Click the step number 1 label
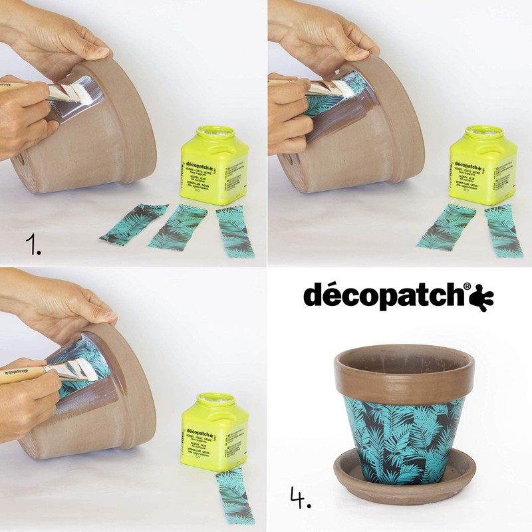point(33,245)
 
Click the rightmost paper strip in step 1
point(234,230)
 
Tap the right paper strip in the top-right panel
point(503,230)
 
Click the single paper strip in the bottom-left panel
point(234,495)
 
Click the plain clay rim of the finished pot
point(404,376)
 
